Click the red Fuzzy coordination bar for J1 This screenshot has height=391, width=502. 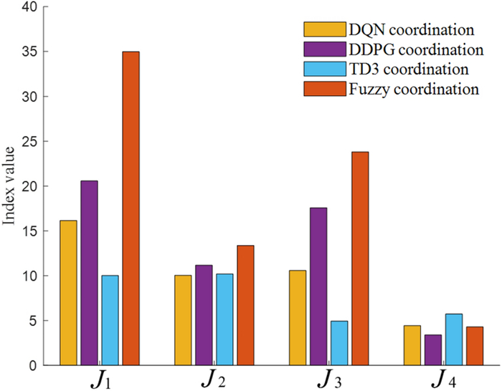click(131, 208)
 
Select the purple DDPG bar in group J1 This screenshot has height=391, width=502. click(89, 273)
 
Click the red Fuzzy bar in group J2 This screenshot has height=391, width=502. click(245, 305)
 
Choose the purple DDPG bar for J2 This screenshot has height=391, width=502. click(204, 315)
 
